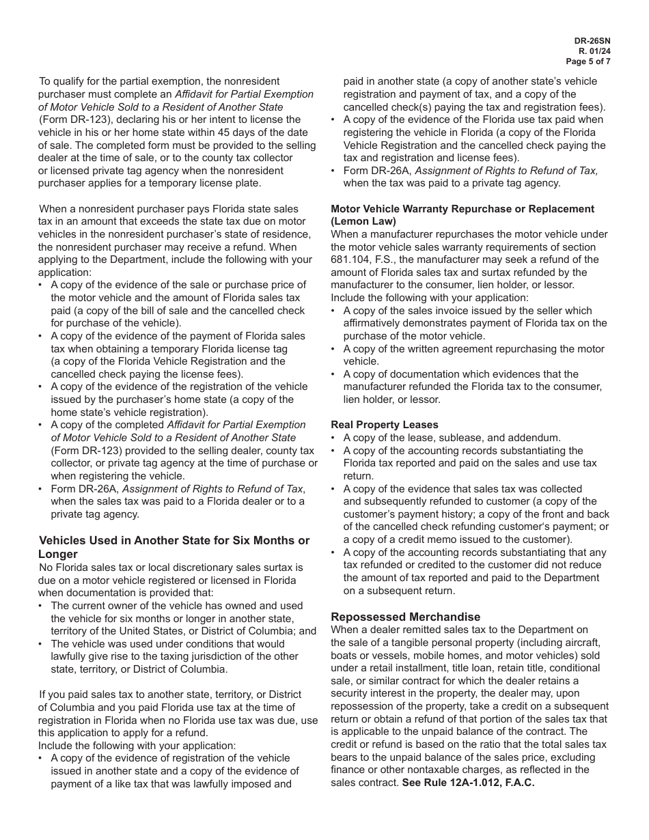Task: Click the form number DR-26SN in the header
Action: (592, 41)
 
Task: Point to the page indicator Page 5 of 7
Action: (588, 61)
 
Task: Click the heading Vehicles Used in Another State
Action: (174, 541)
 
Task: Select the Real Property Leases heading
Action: (385, 425)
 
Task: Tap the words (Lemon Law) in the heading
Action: (363, 221)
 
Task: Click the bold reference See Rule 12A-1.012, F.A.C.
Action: (468, 783)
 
